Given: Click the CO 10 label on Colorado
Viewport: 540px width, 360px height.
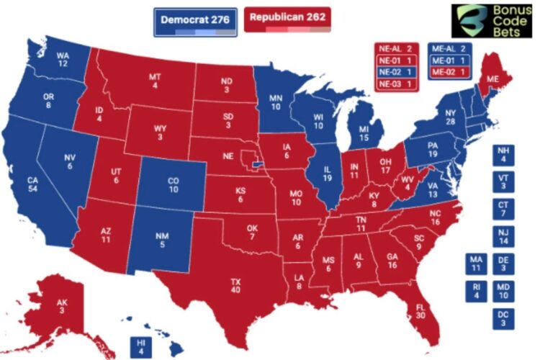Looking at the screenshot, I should pyautogui.click(x=173, y=185).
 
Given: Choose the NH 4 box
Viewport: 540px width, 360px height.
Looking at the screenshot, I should pyautogui.click(x=503, y=156).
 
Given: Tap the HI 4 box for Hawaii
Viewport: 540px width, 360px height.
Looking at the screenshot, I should pyautogui.click(x=140, y=347).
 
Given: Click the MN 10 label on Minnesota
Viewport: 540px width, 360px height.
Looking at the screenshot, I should pyautogui.click(x=274, y=103).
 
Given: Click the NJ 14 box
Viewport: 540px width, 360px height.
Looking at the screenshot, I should pyautogui.click(x=503, y=238).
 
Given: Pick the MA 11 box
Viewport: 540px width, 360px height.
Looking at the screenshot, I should pyautogui.click(x=474, y=264).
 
